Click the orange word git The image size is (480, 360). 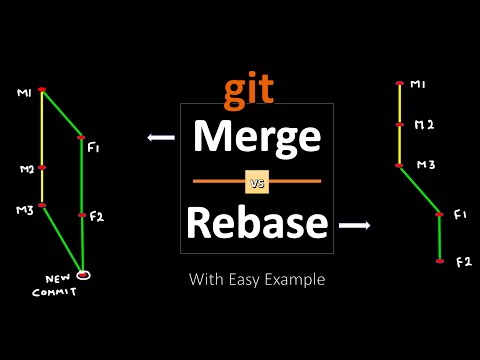[247, 91]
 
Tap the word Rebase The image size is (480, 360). [257, 224]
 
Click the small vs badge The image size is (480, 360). [257, 182]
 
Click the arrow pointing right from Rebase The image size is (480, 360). [353, 226]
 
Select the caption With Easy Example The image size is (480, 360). [257, 280]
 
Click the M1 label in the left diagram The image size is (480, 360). [24, 94]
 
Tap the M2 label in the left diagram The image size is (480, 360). [27, 169]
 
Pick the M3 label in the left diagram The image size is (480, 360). [24, 210]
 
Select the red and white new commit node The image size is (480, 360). [84, 274]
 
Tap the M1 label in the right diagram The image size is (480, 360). [418, 85]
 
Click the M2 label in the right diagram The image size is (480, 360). [424, 125]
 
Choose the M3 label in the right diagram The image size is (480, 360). [425, 164]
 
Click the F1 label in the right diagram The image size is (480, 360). [460, 215]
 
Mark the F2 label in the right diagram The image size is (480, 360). [463, 262]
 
